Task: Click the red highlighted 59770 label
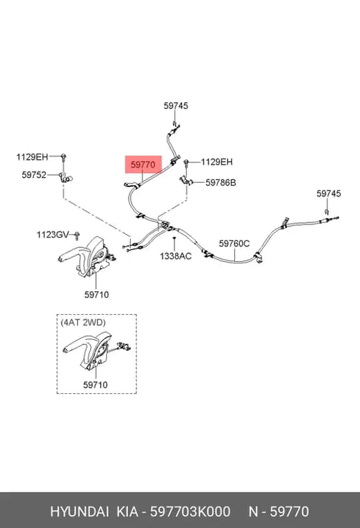(142, 165)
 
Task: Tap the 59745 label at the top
(176, 106)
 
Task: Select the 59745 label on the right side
(328, 194)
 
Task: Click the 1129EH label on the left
(32, 157)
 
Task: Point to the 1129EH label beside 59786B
(217, 162)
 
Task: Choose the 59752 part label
(34, 175)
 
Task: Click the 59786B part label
(220, 183)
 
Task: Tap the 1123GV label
(53, 235)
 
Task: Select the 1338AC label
(175, 256)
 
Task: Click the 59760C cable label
(234, 243)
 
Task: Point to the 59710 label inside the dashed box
(95, 385)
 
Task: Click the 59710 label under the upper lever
(97, 295)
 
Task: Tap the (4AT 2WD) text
(83, 322)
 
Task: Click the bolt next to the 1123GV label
(76, 236)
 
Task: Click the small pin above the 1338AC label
(174, 239)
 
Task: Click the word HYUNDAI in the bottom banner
(79, 511)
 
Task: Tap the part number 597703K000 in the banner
(190, 511)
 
